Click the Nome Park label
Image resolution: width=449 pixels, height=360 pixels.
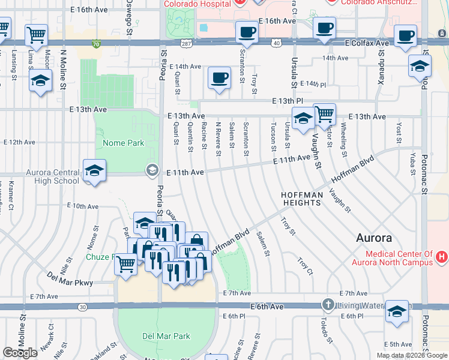coord(123,143)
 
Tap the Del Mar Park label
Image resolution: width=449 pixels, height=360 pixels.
coord(166,337)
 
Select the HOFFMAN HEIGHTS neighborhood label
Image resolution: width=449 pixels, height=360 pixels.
coord(302,199)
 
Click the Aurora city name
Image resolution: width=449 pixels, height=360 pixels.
coord(374,237)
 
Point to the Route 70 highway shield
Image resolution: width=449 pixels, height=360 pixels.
coord(96,43)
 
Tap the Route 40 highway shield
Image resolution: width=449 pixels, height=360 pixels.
coord(276,43)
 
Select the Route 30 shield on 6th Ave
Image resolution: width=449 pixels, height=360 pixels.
coord(82,307)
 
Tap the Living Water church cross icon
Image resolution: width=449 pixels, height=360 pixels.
coord(328,305)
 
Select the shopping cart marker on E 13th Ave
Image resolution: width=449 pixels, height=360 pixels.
coord(324,113)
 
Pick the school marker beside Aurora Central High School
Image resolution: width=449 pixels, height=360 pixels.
coord(95,171)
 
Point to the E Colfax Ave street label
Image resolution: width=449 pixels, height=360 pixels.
coord(367,43)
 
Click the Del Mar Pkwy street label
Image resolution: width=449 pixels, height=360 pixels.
coord(71,279)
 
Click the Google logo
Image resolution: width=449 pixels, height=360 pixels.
coord(20,353)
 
